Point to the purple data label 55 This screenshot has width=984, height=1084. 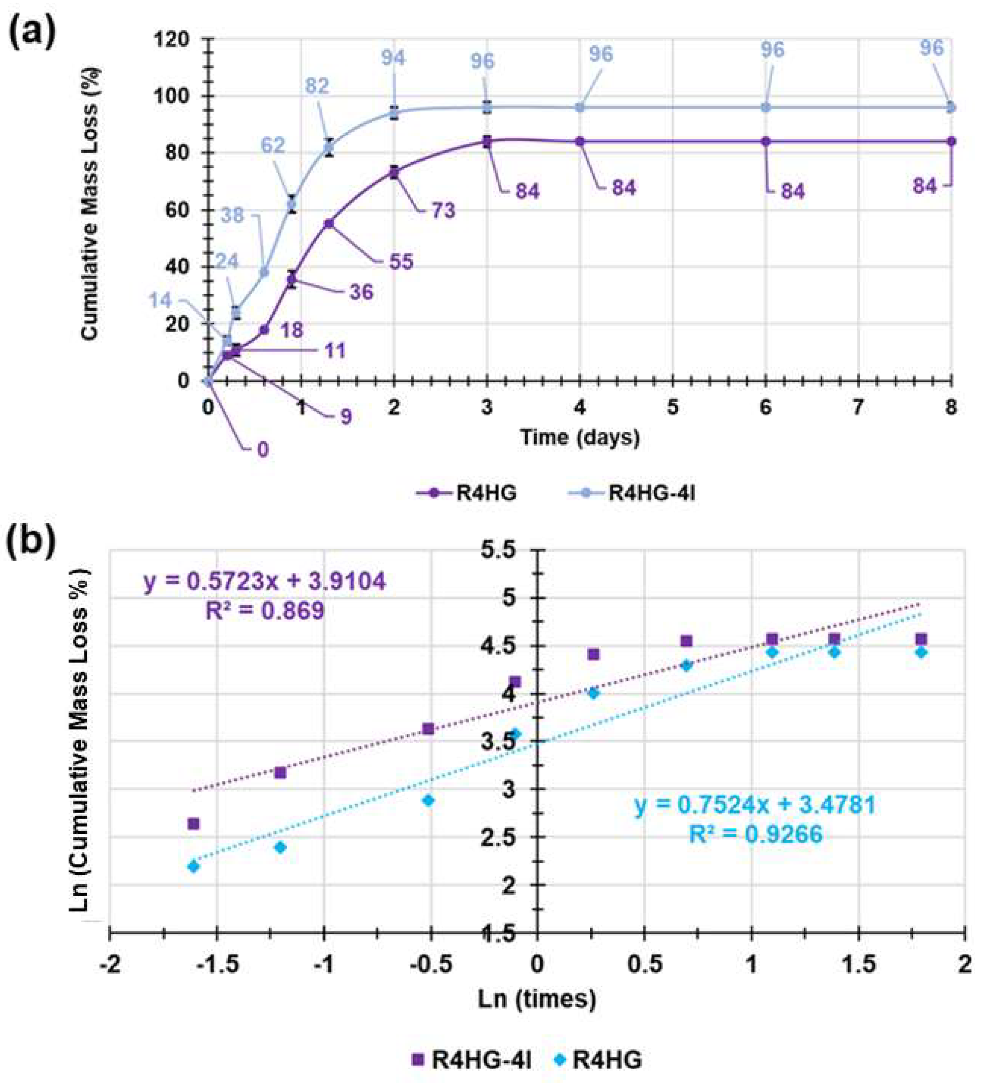(401, 262)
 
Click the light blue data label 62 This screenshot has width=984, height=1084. (273, 145)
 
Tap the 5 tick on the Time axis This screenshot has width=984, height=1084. (672, 407)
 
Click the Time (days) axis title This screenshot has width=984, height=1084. (579, 437)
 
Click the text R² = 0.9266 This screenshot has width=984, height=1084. (756, 834)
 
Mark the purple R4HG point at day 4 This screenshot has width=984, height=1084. (580, 141)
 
